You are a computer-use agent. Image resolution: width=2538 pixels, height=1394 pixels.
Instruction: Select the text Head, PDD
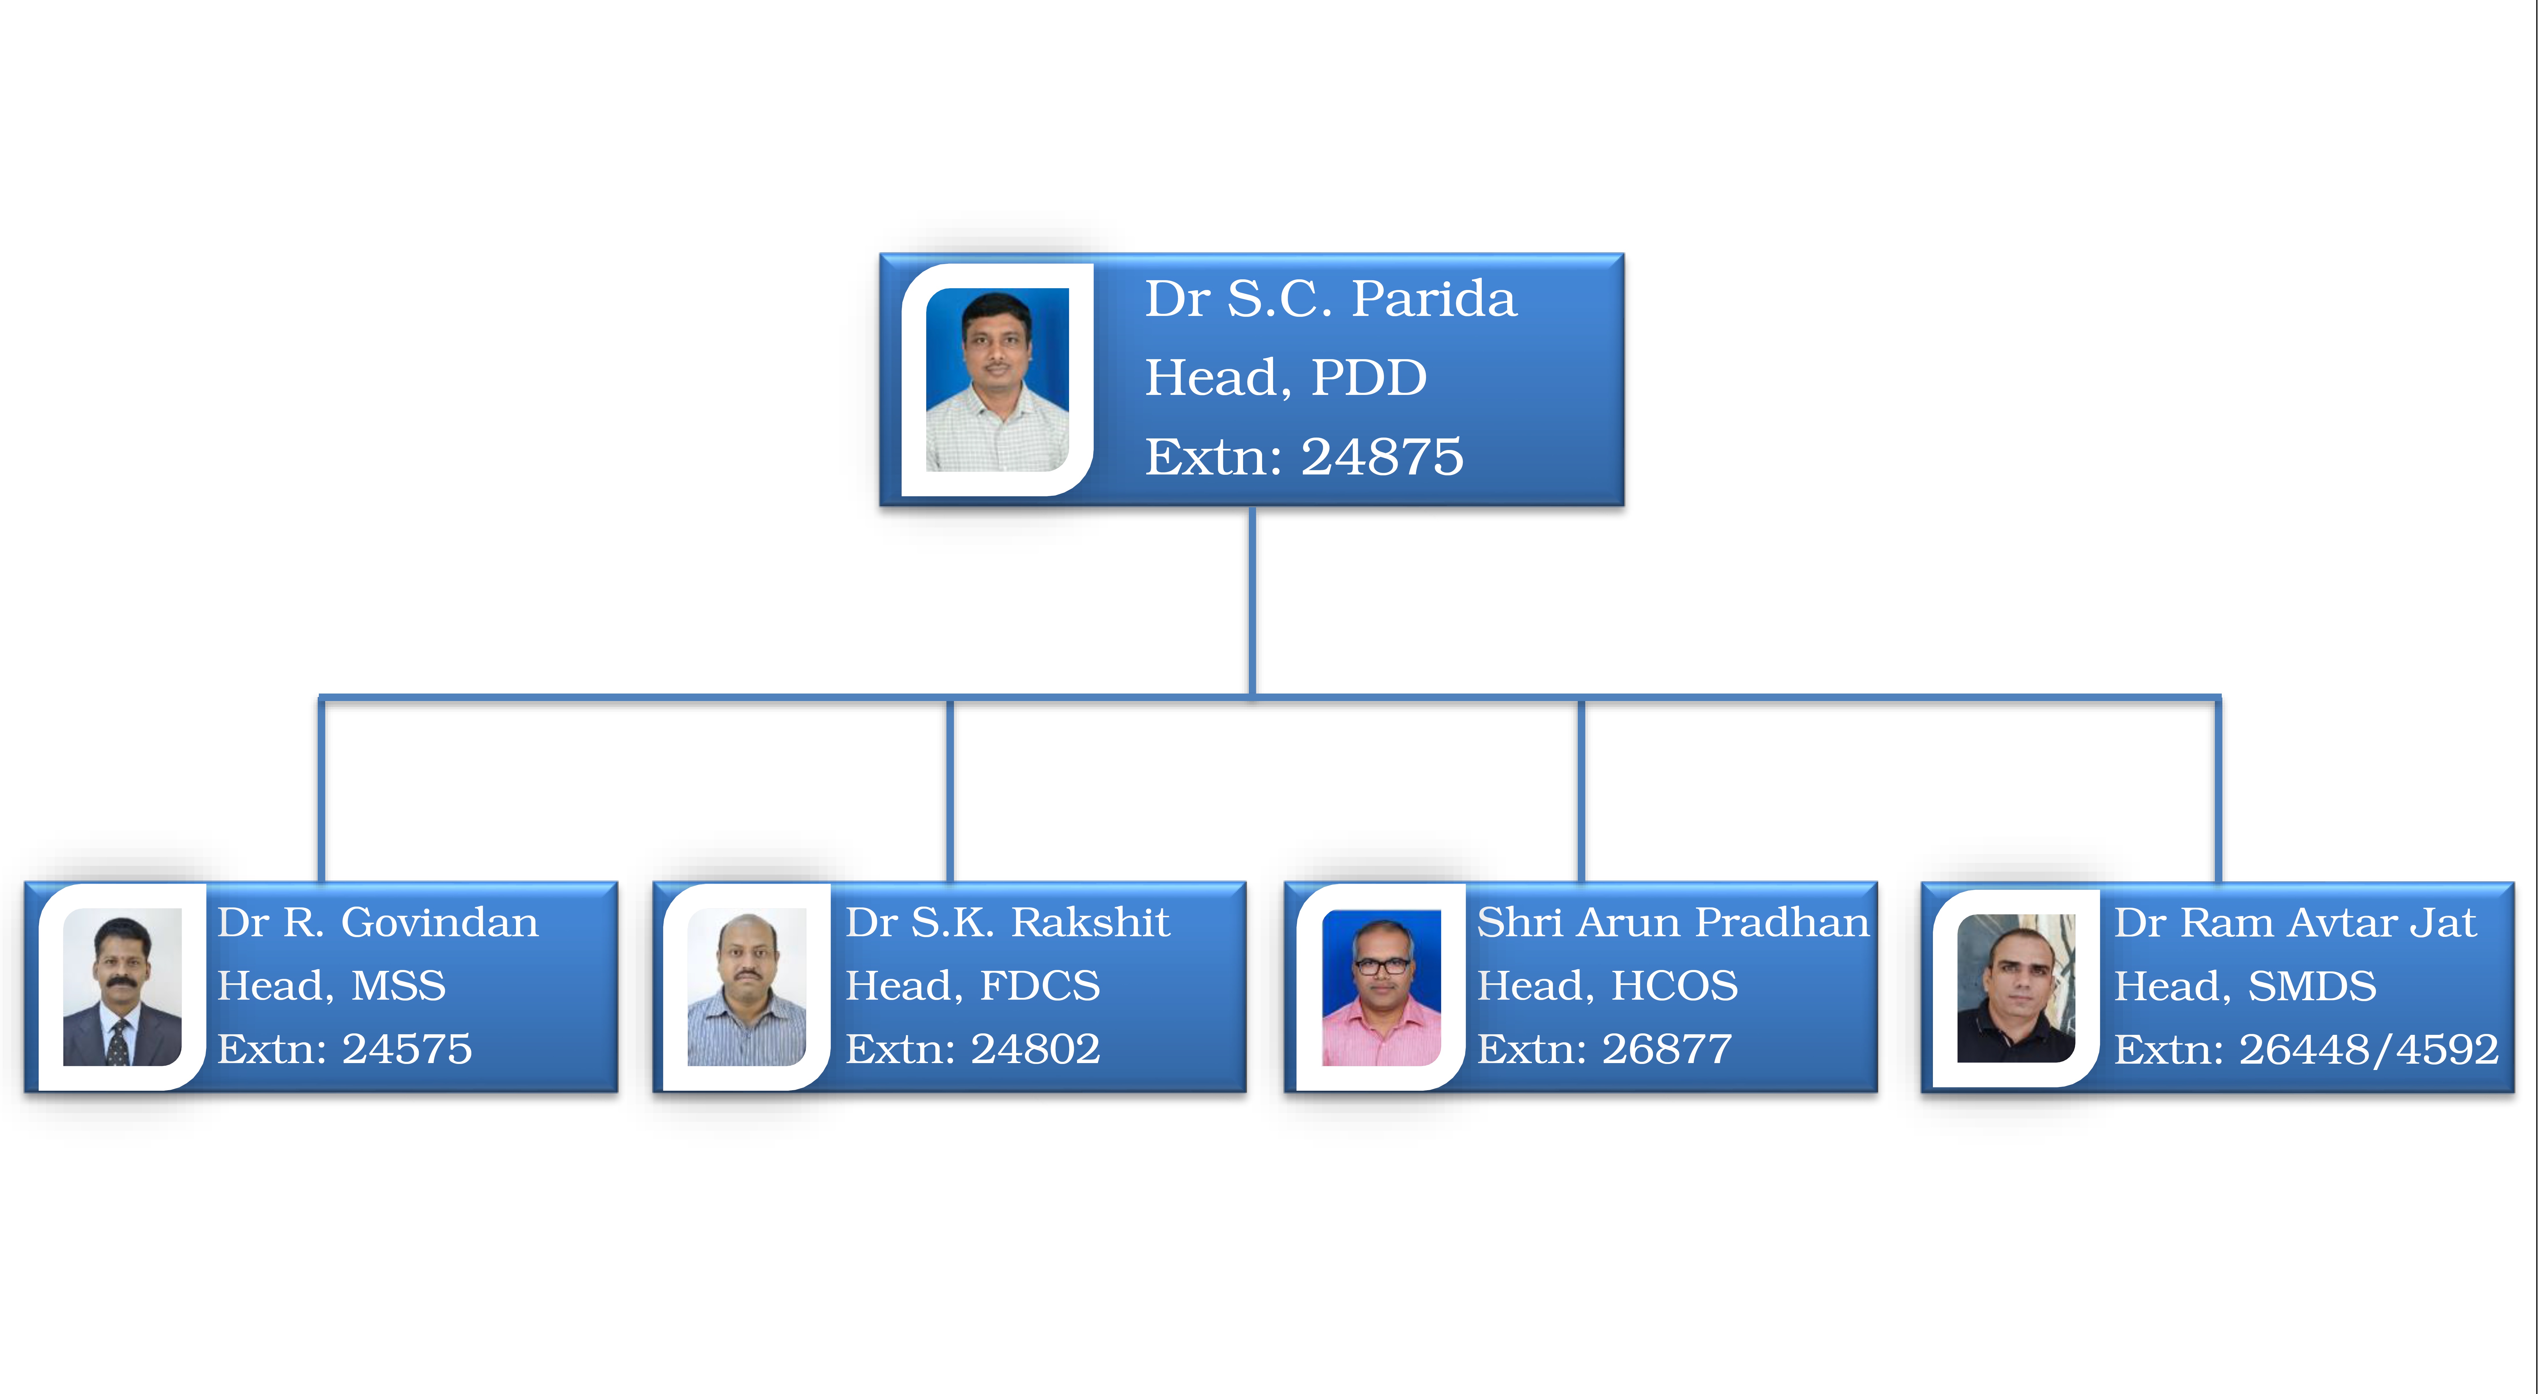pyautogui.click(x=1286, y=378)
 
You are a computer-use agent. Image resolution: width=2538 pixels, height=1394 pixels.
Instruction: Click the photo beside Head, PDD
pyautogui.click(x=997, y=379)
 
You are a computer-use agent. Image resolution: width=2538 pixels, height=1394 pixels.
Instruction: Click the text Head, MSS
pyautogui.click(x=332, y=986)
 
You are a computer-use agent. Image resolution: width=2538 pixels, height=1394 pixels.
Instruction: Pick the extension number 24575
pyautogui.click(x=407, y=1049)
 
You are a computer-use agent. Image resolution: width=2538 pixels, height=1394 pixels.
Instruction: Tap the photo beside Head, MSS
pyautogui.click(x=122, y=986)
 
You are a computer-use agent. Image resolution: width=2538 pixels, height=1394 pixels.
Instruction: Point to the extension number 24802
pyautogui.click(x=1035, y=1049)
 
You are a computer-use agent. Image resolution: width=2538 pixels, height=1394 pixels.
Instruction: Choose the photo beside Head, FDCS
pyautogui.click(x=747, y=986)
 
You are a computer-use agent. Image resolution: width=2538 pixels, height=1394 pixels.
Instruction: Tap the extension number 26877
pyautogui.click(x=1667, y=1049)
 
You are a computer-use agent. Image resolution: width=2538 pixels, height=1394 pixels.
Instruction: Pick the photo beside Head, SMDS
pyautogui.click(x=2016, y=988)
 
